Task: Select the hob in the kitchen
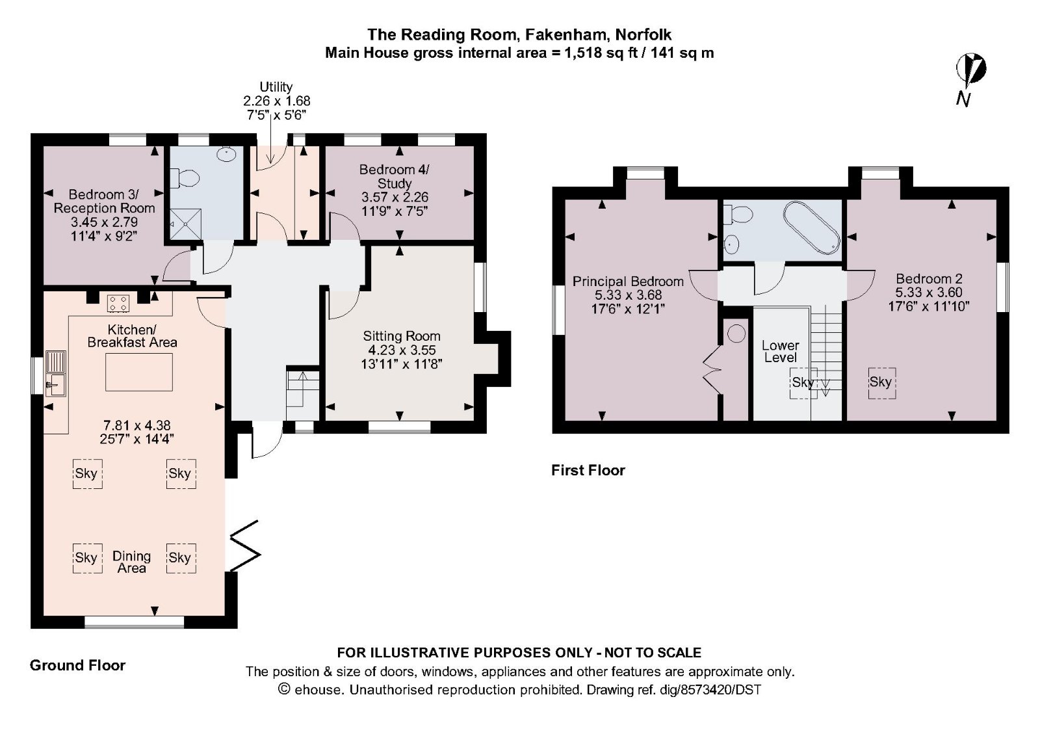[118, 302]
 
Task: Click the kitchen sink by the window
[55, 374]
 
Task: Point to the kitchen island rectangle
[138, 372]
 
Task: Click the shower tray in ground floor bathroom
[187, 223]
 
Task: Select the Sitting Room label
[401, 336]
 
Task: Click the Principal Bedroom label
[627, 282]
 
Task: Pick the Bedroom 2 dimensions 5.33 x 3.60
[928, 293]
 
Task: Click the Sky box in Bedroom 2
[881, 382]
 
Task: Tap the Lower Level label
[780, 351]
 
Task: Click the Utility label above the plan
[276, 86]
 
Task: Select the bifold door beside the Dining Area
[246, 546]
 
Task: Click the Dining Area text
[131, 562]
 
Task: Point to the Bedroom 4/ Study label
[394, 176]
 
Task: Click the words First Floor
[588, 470]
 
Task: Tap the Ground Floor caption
[77, 665]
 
